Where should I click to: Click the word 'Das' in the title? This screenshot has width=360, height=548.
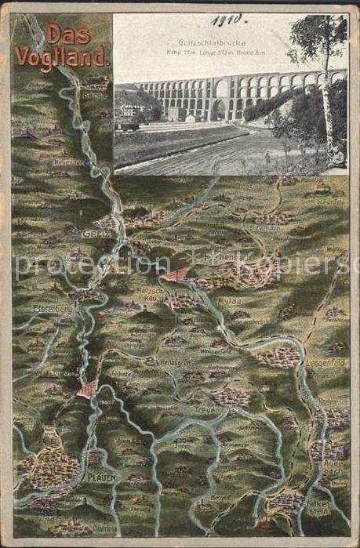tap(69, 33)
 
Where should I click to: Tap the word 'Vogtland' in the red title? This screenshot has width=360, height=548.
tap(61, 56)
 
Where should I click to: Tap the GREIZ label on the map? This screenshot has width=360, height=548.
tap(93, 233)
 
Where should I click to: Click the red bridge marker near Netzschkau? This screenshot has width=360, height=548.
tap(178, 273)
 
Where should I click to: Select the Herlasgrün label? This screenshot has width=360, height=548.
tap(174, 362)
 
